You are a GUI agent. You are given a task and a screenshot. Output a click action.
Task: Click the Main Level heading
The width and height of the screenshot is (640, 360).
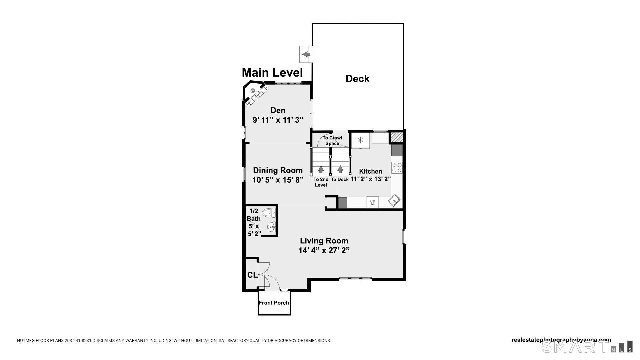click(x=272, y=72)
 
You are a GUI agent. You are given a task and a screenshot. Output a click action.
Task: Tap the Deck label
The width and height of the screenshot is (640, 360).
click(x=357, y=79)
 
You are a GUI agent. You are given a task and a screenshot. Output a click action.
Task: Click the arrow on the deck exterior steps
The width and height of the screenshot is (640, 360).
click(x=306, y=54)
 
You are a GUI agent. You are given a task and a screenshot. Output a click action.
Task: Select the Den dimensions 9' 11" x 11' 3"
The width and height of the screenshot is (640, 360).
click(x=278, y=120)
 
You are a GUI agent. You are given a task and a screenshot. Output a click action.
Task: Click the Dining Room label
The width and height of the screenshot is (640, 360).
click(x=278, y=170)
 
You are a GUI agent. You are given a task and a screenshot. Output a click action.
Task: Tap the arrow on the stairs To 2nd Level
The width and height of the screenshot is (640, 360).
click(x=321, y=169)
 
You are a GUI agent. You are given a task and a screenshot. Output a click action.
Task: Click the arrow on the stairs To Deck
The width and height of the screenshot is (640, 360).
click(x=340, y=169)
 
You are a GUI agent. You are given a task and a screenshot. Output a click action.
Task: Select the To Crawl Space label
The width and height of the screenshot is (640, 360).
click(x=332, y=141)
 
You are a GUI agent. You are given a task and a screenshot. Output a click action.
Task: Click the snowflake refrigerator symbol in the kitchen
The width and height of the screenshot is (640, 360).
click(x=360, y=140)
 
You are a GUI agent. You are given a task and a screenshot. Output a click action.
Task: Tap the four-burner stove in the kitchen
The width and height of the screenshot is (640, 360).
click(x=397, y=168)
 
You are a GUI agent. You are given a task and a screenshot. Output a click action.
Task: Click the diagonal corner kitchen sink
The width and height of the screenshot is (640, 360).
click(x=394, y=200)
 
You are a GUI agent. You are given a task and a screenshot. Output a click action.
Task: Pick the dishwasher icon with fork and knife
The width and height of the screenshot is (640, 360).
click(x=372, y=202)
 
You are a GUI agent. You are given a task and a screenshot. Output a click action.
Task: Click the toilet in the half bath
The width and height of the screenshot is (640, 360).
click(x=269, y=212)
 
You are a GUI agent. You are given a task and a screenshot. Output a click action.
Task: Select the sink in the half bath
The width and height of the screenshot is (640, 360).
click(x=272, y=227)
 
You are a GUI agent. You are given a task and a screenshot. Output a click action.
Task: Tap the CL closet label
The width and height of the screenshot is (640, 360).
click(x=252, y=275)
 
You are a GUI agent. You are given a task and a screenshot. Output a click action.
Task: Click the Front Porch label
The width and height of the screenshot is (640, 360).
click(x=274, y=303)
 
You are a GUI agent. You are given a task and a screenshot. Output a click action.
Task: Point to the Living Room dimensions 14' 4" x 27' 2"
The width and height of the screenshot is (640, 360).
click(x=324, y=250)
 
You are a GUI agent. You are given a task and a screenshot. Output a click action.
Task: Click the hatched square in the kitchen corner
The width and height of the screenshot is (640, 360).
click(x=396, y=137)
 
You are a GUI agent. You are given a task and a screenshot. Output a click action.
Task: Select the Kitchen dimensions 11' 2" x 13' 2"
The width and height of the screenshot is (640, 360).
click(x=370, y=179)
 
